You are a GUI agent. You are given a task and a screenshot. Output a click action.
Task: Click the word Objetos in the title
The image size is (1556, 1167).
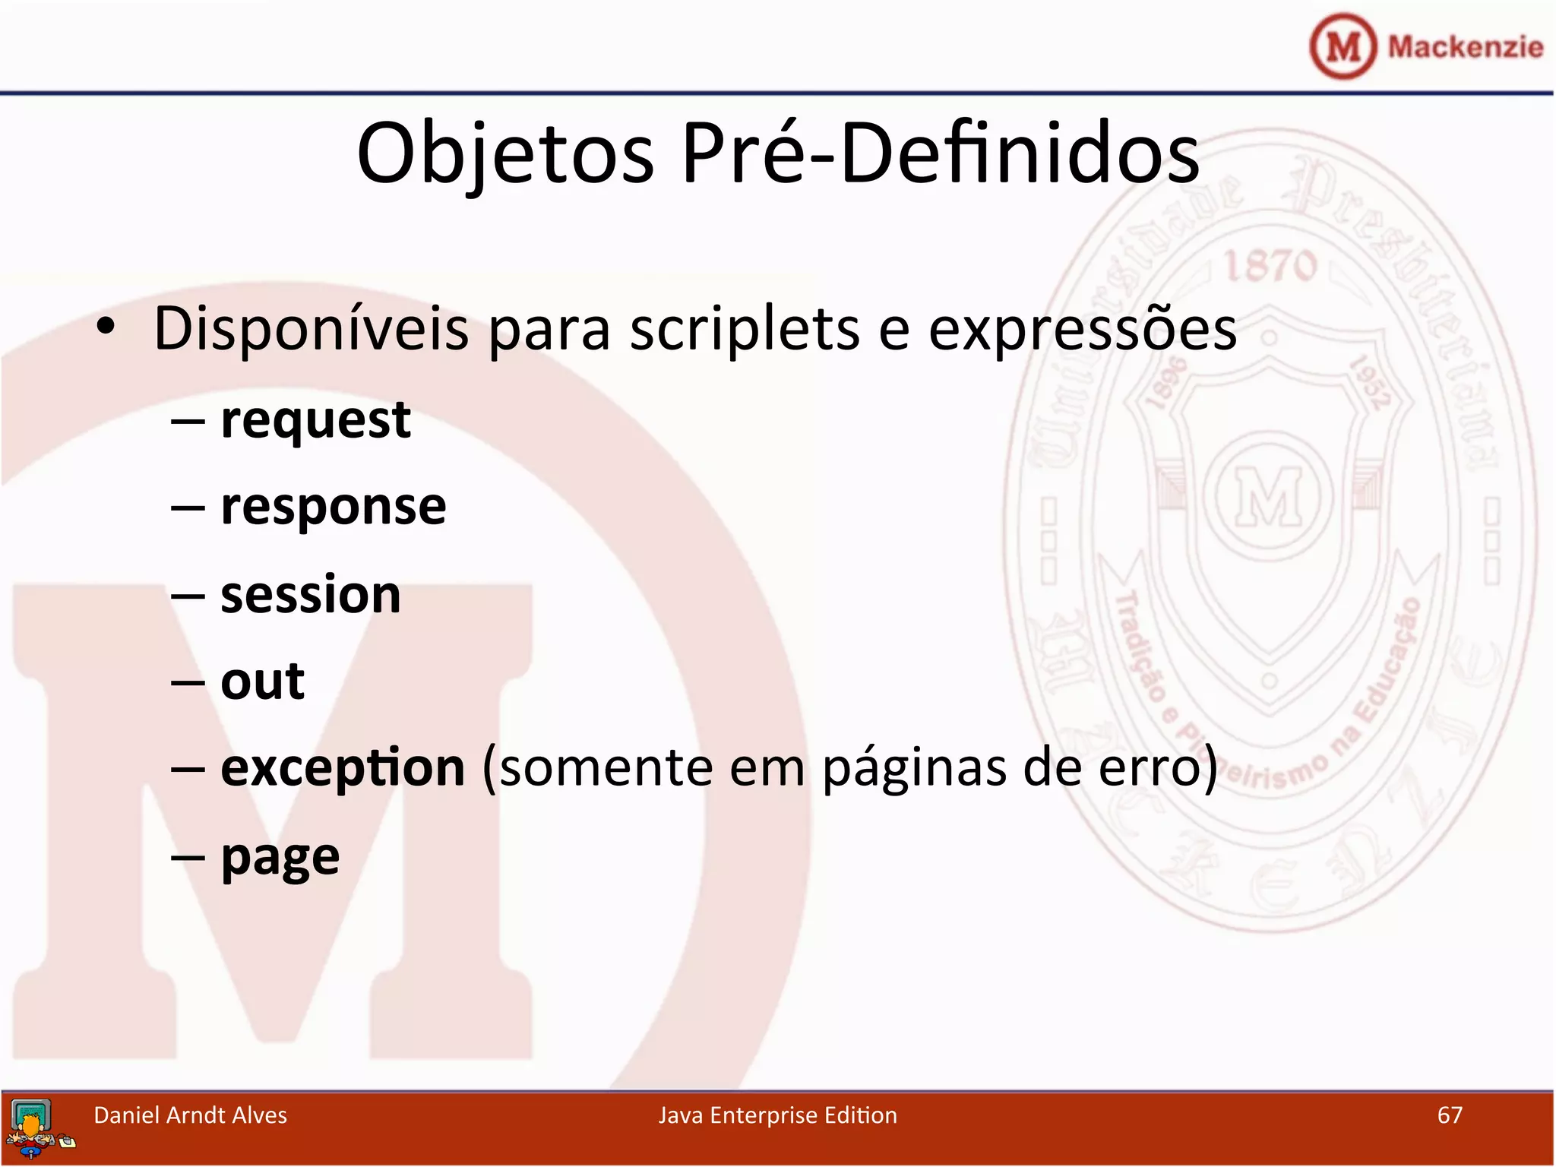(505, 154)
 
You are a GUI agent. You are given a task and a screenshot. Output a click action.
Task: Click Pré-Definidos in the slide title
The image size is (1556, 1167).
(940, 154)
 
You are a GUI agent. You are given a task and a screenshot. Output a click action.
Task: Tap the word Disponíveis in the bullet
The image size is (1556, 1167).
(312, 330)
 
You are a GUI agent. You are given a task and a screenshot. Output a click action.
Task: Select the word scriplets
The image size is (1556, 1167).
(745, 330)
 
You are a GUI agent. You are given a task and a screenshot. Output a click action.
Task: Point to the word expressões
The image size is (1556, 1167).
(1082, 330)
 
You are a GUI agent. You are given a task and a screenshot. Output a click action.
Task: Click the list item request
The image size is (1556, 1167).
(315, 420)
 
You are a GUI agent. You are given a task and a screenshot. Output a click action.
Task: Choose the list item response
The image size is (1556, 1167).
(333, 507)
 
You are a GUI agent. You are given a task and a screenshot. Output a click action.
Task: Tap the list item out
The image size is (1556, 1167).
(262, 681)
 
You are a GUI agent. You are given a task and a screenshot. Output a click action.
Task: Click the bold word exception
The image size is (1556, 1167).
(343, 768)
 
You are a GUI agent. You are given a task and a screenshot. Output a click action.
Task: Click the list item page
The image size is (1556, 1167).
(280, 858)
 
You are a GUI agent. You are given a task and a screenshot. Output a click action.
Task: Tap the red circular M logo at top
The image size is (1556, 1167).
(1343, 46)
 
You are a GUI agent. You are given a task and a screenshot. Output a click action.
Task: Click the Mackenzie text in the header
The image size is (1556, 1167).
(1465, 47)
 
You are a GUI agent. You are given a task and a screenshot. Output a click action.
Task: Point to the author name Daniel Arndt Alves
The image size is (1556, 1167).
(190, 1115)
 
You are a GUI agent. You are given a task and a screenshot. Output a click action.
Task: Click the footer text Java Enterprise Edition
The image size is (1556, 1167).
(777, 1115)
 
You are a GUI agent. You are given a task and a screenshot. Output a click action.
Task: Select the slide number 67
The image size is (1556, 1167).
(1450, 1115)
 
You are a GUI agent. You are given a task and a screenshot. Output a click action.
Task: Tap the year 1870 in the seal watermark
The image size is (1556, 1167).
(1270, 266)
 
